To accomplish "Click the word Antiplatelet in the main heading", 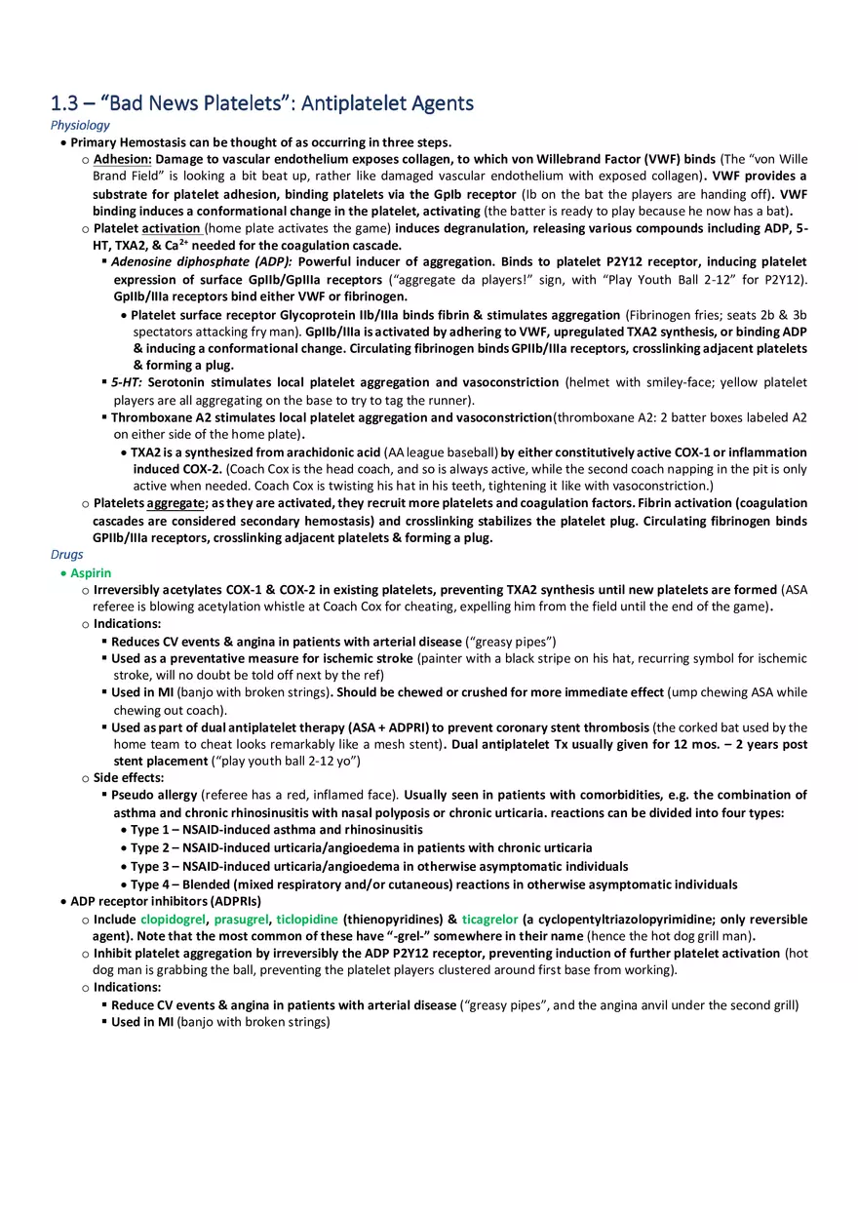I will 357,103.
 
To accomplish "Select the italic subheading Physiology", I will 80,125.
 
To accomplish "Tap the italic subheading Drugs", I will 66,555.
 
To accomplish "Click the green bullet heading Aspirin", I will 91,573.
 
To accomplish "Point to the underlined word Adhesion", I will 122,159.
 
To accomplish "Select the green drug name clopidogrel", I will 173,920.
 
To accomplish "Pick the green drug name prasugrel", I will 241,920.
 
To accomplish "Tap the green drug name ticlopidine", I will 306,920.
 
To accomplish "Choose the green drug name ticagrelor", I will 489,920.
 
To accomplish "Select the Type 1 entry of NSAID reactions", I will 277,830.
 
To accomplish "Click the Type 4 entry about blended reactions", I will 434,884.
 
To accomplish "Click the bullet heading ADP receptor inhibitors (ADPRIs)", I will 166,901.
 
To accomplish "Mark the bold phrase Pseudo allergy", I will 154,795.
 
